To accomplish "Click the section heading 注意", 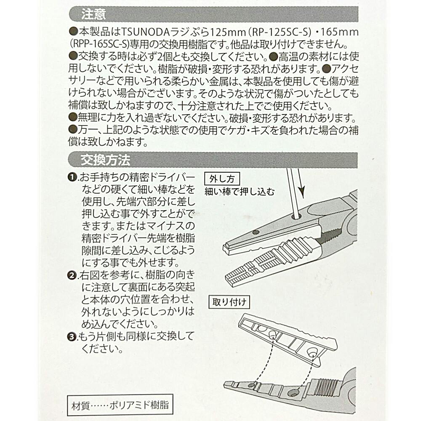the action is (x=93, y=14).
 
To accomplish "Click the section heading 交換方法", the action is (x=105, y=160).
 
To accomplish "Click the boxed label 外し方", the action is (x=222, y=179).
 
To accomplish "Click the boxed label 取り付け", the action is (x=229, y=302).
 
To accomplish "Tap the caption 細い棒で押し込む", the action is (x=240, y=192).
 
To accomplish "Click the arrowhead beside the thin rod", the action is (x=302, y=192).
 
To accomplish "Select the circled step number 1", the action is (x=72, y=178).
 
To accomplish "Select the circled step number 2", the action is (x=72, y=275).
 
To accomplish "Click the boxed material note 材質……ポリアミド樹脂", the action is (x=120, y=405).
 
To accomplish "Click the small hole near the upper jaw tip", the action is (x=256, y=232).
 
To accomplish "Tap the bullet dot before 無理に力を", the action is (x=73, y=117).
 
